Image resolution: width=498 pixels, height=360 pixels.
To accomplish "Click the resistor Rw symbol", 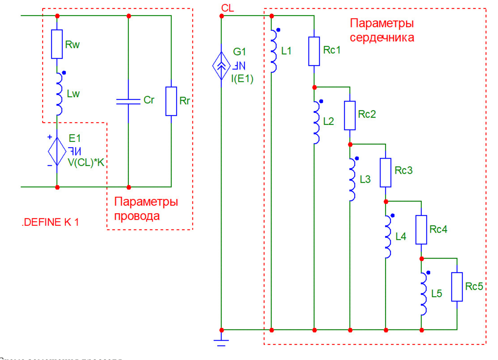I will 57,44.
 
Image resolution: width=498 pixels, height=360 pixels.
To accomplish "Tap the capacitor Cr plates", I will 128,101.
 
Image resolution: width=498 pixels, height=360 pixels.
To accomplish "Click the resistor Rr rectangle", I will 171,101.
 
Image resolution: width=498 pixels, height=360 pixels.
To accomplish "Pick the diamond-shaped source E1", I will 57,151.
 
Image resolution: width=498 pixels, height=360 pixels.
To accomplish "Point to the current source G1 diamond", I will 221,66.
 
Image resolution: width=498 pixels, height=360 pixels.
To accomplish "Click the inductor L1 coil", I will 273,51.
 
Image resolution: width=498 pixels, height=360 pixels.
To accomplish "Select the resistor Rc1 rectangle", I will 314,51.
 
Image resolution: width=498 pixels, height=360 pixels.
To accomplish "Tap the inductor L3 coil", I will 352,179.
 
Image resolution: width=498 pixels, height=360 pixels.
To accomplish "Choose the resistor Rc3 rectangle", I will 386,173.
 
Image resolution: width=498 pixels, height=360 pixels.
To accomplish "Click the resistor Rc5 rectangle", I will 457,287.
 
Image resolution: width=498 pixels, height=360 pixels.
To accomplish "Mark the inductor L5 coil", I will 424,294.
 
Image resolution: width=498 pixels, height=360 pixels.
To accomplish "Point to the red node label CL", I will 228,8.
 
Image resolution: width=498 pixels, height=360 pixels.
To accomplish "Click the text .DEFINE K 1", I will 50,222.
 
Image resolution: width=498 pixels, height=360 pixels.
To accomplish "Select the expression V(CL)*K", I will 86,162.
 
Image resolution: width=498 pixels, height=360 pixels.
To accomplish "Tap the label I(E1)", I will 242,79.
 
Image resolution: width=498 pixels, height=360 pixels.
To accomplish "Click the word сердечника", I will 382,38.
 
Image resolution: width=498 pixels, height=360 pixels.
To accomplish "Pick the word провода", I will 137,216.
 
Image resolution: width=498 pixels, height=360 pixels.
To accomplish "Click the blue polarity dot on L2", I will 321,101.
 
